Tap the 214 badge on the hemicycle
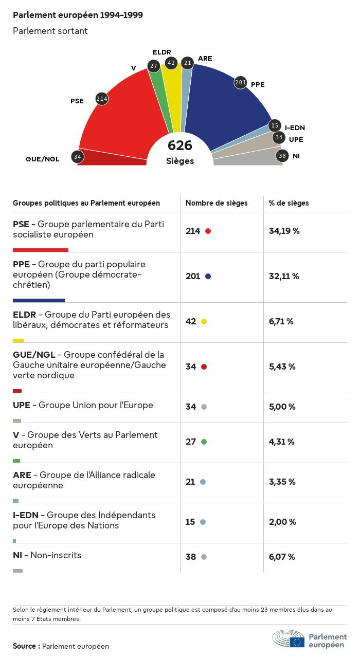tap(102, 99)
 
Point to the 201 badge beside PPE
tap(241, 82)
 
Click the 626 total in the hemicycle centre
tap(180, 146)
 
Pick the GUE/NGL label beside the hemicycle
tap(43, 159)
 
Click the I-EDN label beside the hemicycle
tap(295, 127)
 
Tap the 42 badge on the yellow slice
tap(171, 63)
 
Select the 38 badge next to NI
tap(282, 156)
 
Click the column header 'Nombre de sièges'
tap(217, 203)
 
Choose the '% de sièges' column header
tap(289, 203)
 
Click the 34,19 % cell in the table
tap(284, 231)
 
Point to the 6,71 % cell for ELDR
tap(281, 321)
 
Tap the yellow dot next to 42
tap(204, 321)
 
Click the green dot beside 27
tap(204, 442)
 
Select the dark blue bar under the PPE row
tap(39, 300)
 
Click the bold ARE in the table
tap(22, 475)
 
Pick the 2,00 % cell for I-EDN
tap(282, 522)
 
